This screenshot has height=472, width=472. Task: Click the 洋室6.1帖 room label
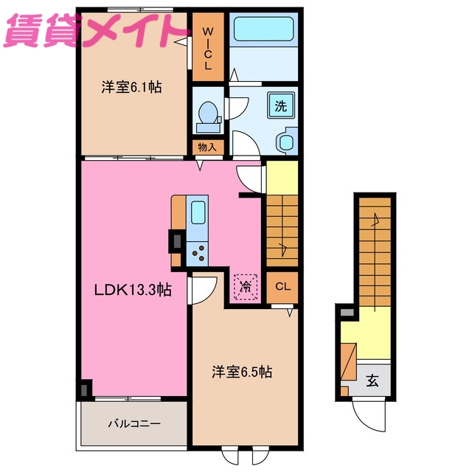(131, 87)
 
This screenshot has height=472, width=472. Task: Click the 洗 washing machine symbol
(282, 105)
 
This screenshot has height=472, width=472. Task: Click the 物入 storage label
(207, 147)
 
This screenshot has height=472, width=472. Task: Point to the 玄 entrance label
(372, 381)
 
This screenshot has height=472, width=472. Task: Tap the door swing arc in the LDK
(202, 289)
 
